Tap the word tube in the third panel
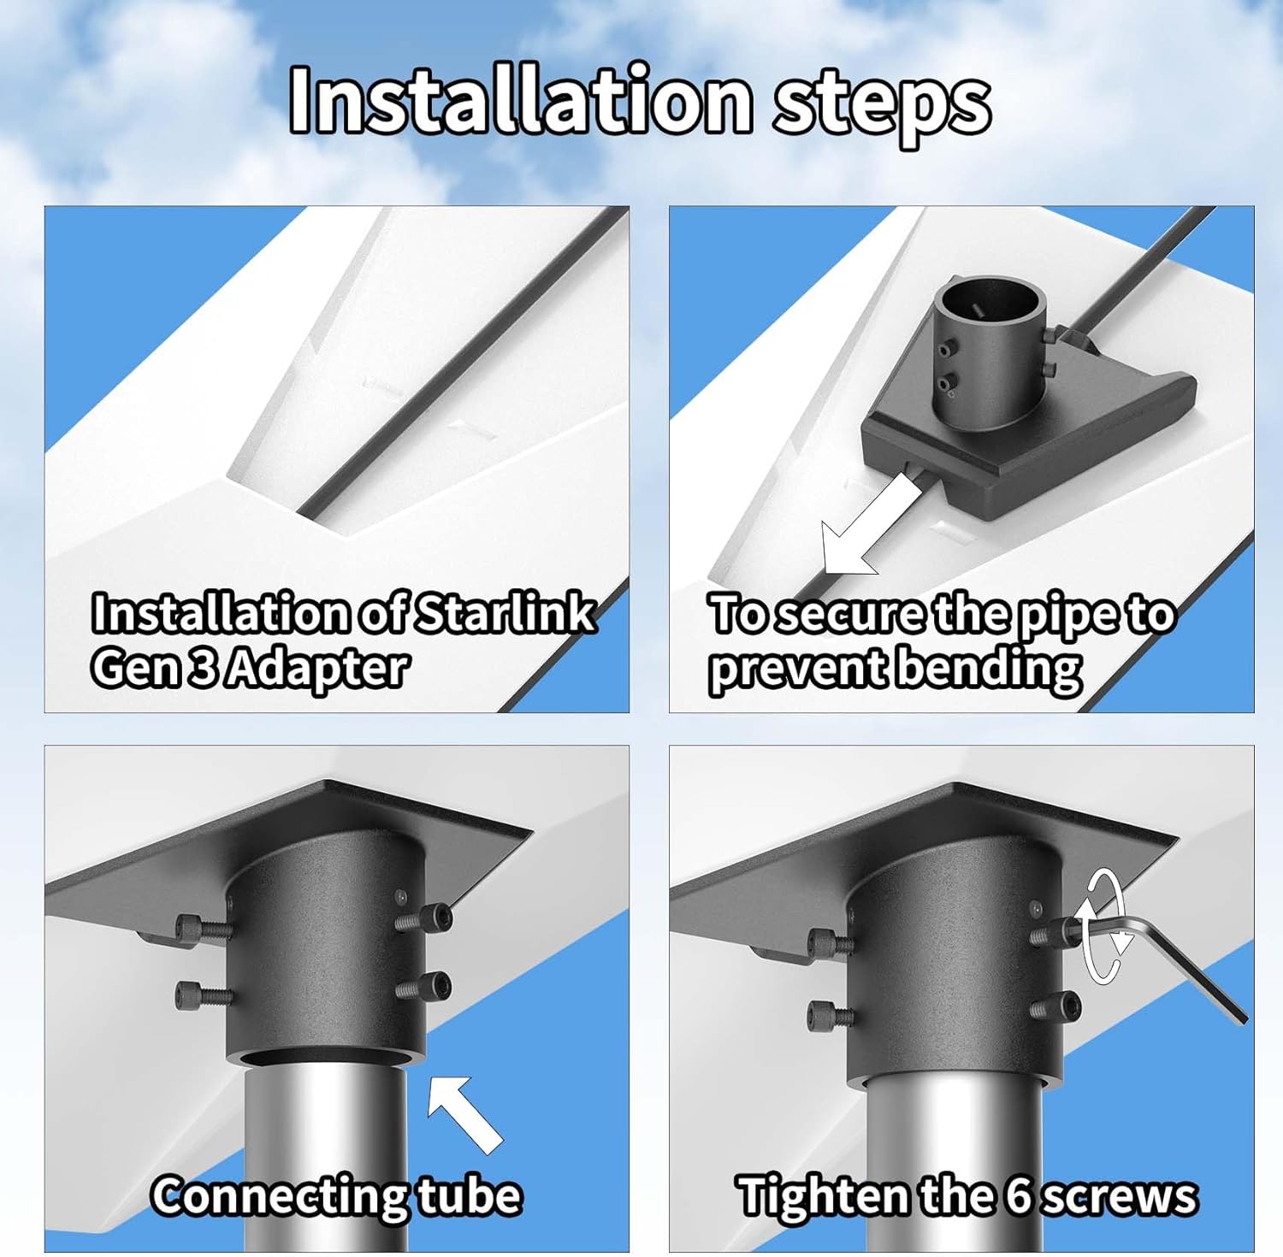[470, 1195]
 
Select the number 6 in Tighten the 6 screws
[1018, 1195]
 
